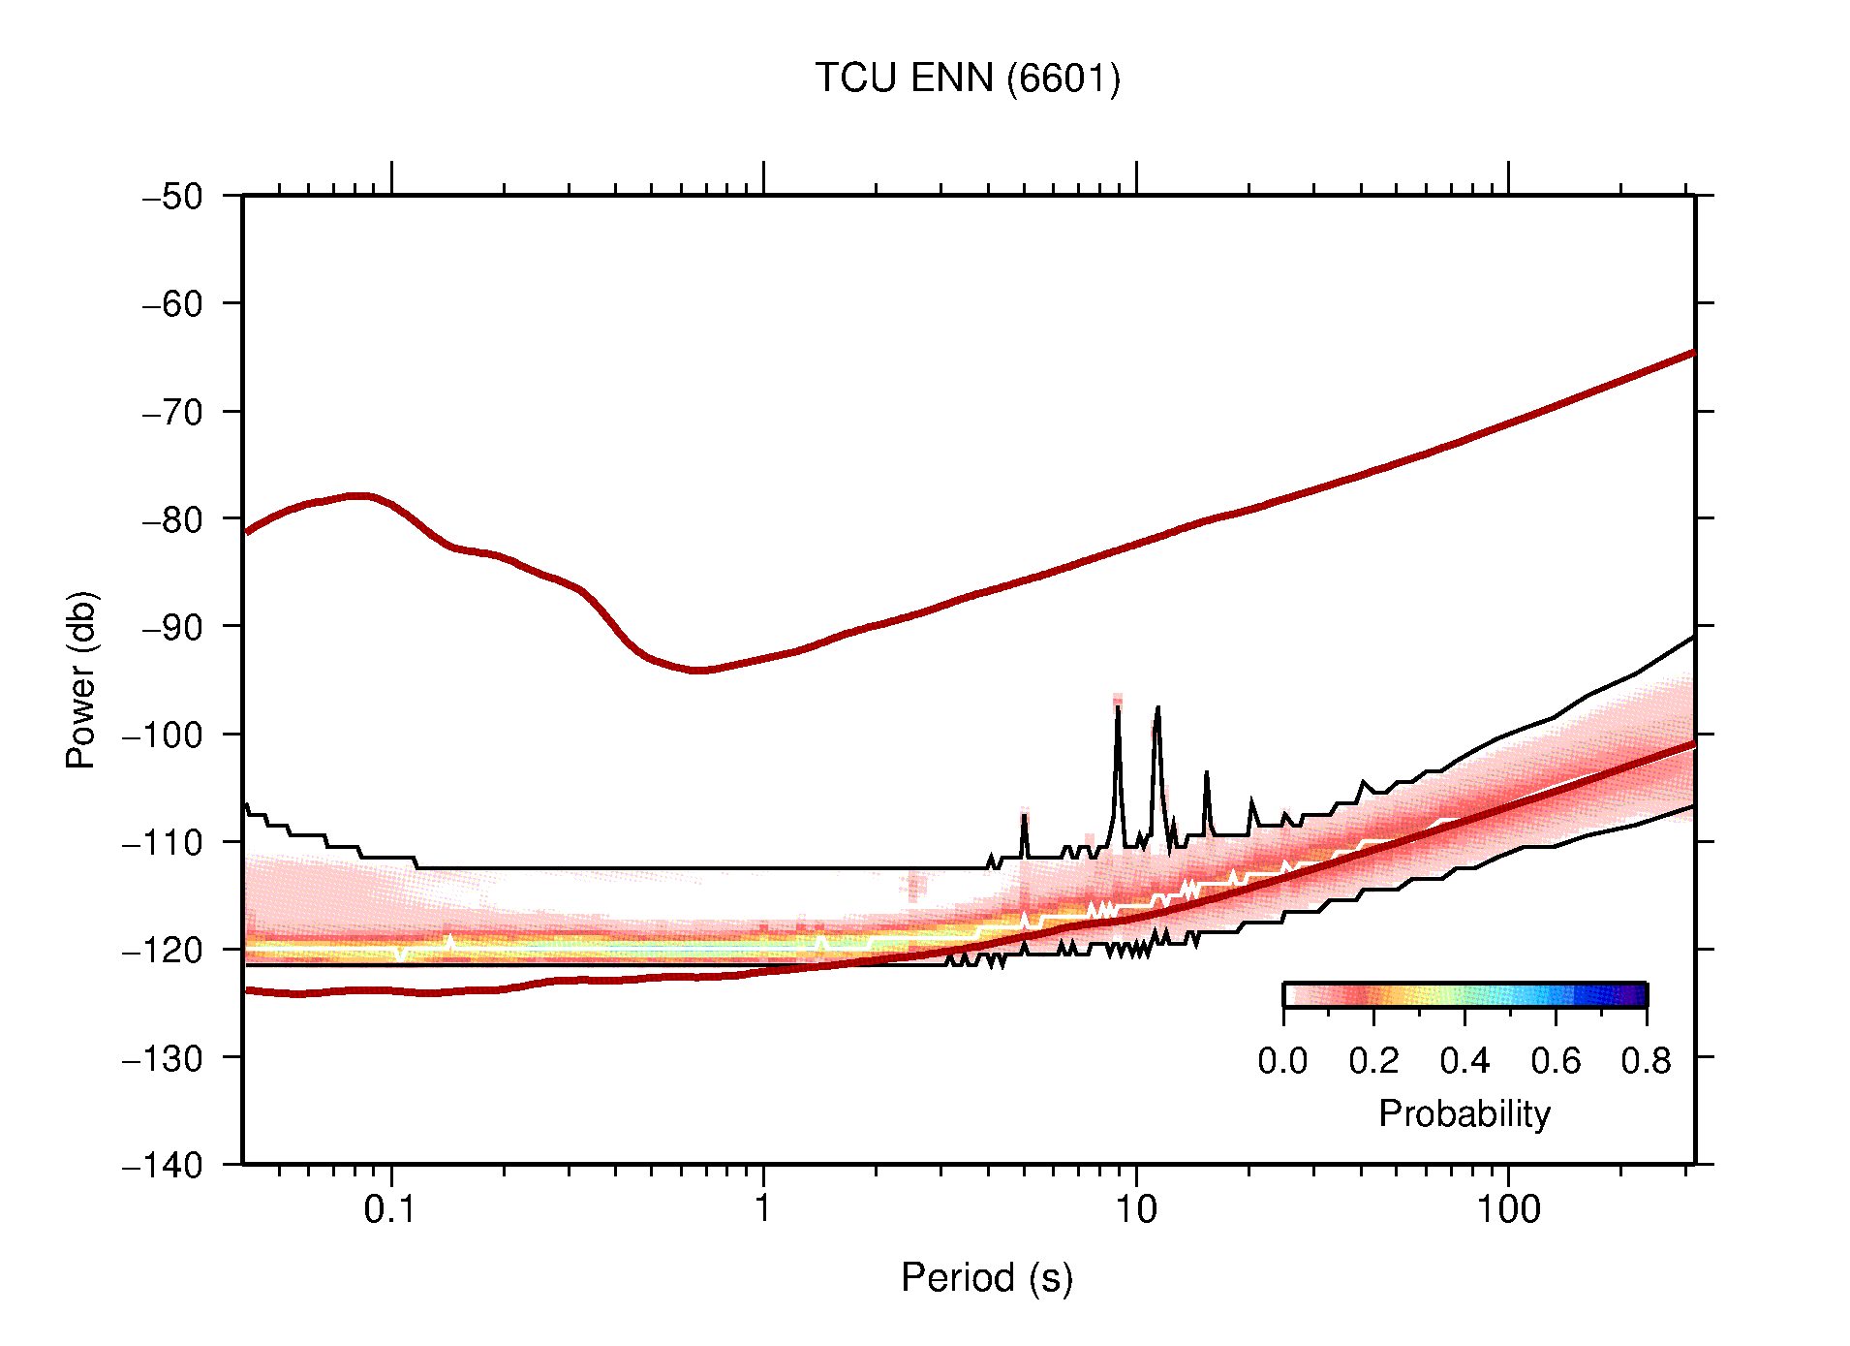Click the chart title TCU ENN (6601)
click(x=967, y=78)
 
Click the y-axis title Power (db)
click(x=81, y=679)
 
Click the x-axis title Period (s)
click(x=986, y=1278)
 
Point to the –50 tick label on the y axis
click(x=172, y=197)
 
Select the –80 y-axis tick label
click(x=172, y=519)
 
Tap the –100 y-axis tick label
click(x=163, y=735)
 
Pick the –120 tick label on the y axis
click(x=163, y=950)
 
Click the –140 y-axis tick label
click(x=163, y=1165)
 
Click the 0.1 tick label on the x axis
click(x=390, y=1209)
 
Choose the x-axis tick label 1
click(x=763, y=1209)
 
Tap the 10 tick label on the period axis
click(x=1135, y=1209)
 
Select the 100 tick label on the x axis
click(x=1507, y=1209)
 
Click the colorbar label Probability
click(x=1464, y=1114)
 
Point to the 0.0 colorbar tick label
click(x=1282, y=1061)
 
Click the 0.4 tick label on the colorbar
click(x=1465, y=1061)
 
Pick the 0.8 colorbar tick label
click(x=1646, y=1061)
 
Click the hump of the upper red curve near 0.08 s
click(x=358, y=495)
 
